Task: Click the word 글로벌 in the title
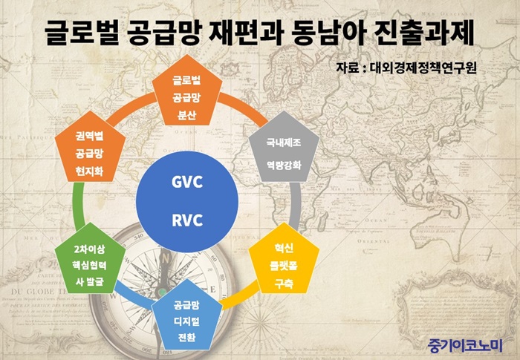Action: tap(82, 33)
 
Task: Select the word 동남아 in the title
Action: tap(329, 33)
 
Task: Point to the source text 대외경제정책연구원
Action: tap(423, 68)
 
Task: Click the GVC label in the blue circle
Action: tap(187, 182)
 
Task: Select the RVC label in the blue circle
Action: tap(187, 220)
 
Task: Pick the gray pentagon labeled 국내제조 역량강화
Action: tap(284, 148)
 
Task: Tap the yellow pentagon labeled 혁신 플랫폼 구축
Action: tap(284, 259)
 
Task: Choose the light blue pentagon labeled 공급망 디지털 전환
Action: tap(187, 315)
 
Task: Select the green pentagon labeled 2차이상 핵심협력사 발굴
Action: tap(90, 259)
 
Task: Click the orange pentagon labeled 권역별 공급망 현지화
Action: tap(90, 148)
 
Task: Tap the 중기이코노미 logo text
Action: tap(465, 345)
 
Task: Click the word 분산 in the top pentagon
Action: tap(186, 115)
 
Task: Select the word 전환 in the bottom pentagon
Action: tap(186, 338)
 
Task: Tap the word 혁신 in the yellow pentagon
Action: tap(284, 248)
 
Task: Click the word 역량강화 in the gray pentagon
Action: tap(284, 165)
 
